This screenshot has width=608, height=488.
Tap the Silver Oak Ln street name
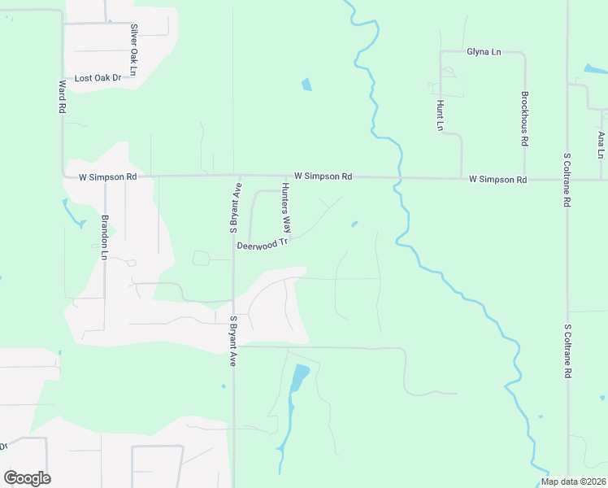click(x=132, y=46)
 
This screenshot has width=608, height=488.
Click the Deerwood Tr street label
click(x=263, y=243)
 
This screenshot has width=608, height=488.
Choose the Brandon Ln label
click(x=104, y=237)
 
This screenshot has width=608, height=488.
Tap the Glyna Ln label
click(x=484, y=52)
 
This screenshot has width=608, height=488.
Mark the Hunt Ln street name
click(x=440, y=115)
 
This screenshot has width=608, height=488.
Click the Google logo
click(x=27, y=477)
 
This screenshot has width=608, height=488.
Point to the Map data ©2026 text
click(x=572, y=481)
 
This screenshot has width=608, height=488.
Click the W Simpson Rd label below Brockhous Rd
click(x=498, y=179)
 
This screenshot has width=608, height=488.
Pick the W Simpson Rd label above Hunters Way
click(x=323, y=176)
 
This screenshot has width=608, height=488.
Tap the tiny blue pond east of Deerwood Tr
click(x=354, y=224)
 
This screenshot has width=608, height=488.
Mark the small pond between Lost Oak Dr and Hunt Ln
click(x=306, y=84)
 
